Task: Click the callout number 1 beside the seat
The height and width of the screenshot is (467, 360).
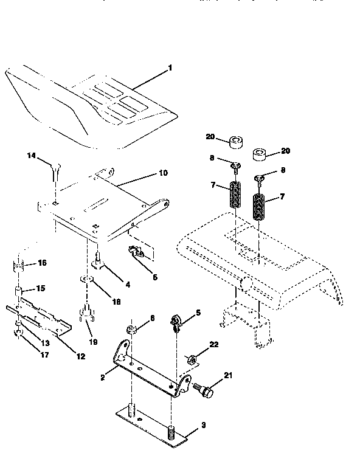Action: (x=170, y=68)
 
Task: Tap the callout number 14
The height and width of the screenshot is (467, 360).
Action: (x=32, y=156)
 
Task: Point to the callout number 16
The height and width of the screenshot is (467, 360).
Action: (x=42, y=263)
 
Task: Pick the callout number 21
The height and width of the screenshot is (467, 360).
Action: (x=227, y=377)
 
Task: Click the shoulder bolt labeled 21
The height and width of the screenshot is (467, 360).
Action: (x=205, y=389)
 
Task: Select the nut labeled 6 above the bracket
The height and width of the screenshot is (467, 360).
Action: (x=132, y=330)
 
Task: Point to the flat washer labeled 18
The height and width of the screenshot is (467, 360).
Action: (x=86, y=280)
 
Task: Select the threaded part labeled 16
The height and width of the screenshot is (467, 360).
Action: (x=18, y=266)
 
